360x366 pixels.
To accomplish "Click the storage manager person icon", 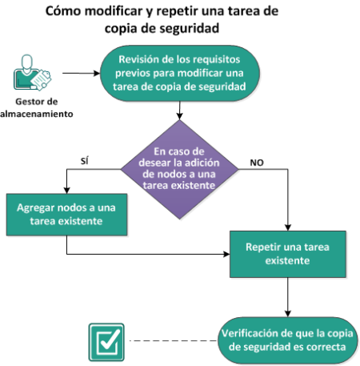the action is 32,73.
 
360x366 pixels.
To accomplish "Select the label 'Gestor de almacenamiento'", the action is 37,107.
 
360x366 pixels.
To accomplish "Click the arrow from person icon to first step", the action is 81,73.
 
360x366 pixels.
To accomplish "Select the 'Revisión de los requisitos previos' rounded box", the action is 180,73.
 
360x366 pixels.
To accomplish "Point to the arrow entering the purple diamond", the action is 179,111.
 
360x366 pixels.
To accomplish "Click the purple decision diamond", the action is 179,169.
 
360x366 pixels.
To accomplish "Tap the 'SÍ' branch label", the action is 84,161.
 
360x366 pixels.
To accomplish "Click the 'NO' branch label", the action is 257,163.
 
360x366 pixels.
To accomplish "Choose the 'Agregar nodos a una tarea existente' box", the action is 66,215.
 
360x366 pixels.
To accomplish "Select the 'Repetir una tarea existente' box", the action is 288,254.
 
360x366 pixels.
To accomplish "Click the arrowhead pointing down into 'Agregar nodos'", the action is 66,191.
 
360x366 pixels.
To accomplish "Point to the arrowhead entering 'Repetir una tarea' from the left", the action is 226,254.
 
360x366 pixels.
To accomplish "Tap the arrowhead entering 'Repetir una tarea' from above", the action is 288,227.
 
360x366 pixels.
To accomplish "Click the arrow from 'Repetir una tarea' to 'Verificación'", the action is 288,297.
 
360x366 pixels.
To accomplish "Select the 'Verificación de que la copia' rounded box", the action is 287,340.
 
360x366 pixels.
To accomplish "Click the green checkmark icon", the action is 106,342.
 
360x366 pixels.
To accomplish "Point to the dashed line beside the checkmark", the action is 173,340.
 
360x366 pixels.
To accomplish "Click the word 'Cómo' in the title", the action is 63,11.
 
